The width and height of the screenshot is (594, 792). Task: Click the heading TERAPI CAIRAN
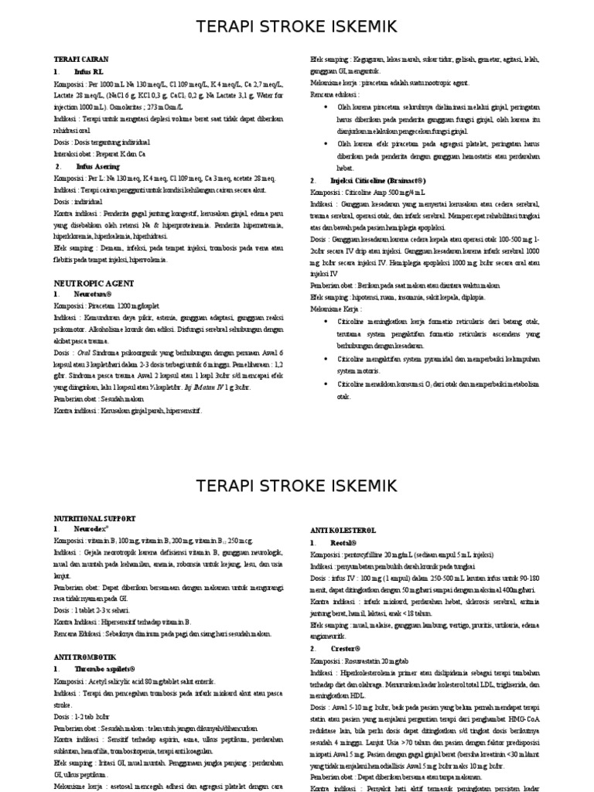coord(80,59)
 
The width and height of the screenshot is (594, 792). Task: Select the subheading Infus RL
coord(87,71)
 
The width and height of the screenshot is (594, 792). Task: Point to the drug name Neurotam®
coord(94,295)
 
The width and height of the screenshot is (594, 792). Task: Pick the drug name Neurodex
coord(92,528)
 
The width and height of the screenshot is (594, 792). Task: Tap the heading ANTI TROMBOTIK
coord(84,657)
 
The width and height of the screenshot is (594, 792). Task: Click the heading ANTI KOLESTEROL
coord(343,531)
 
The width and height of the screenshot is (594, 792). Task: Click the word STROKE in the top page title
coord(296,28)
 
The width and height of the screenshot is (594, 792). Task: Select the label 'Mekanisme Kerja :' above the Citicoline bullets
coord(338,309)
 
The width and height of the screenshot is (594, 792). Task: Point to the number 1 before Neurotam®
coord(56,295)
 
